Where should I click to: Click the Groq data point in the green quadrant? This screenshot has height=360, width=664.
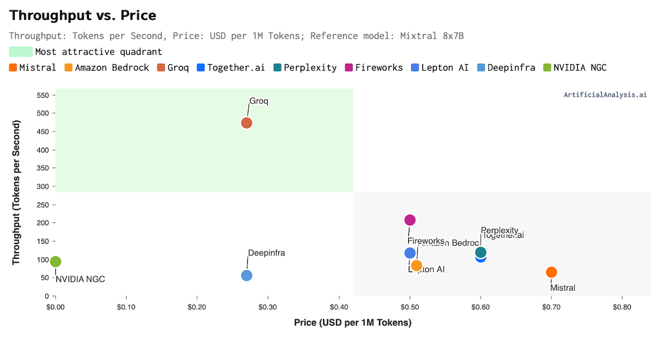[x=247, y=123]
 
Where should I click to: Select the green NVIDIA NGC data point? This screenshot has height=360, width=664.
[x=55, y=262]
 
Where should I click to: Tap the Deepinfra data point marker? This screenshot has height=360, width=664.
[x=247, y=275]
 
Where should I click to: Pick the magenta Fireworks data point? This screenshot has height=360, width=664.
[x=410, y=220]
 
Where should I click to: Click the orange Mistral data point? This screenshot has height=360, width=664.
[x=551, y=272]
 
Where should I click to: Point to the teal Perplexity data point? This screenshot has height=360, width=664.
[x=481, y=252]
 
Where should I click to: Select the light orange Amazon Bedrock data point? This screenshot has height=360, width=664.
[x=417, y=265]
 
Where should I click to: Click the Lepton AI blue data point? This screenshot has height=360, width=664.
[x=410, y=253]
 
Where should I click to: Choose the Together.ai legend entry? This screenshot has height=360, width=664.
[x=231, y=67]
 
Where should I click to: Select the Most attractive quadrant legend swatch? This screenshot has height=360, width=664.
[x=20, y=52]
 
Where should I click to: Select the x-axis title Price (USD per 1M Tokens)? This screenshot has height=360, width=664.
[x=352, y=322]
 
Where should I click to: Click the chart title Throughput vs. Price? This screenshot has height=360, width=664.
[x=83, y=15]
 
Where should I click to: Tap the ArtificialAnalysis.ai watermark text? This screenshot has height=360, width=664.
[x=605, y=95]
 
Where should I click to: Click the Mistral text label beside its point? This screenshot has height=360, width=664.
[x=563, y=288]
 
